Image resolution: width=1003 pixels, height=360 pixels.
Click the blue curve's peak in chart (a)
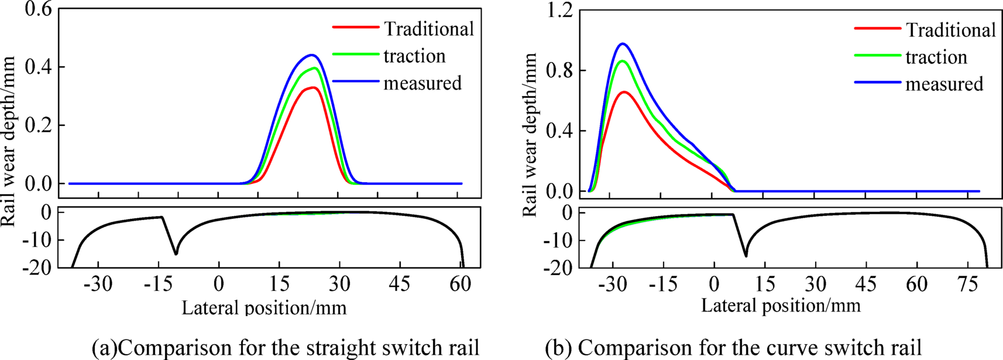point(312,55)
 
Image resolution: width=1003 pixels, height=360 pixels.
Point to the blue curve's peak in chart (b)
point(623,44)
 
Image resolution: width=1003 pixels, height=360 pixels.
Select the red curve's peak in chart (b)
point(624,92)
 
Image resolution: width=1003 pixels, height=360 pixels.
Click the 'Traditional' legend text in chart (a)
point(428,29)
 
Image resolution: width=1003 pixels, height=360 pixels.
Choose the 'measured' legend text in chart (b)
point(944,84)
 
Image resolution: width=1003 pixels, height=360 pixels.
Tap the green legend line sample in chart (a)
point(355,54)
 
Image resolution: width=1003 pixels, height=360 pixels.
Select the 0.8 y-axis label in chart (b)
point(560,71)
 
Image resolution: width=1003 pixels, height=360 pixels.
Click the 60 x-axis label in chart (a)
point(459,284)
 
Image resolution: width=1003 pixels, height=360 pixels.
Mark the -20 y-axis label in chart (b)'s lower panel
point(558,268)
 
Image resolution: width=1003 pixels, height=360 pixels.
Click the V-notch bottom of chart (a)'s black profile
point(176,253)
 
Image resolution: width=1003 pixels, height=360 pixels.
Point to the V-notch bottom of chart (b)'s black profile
point(746,255)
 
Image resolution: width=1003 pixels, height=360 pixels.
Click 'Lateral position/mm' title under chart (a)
point(264,307)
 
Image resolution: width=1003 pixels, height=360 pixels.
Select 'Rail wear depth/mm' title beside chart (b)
point(530,135)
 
